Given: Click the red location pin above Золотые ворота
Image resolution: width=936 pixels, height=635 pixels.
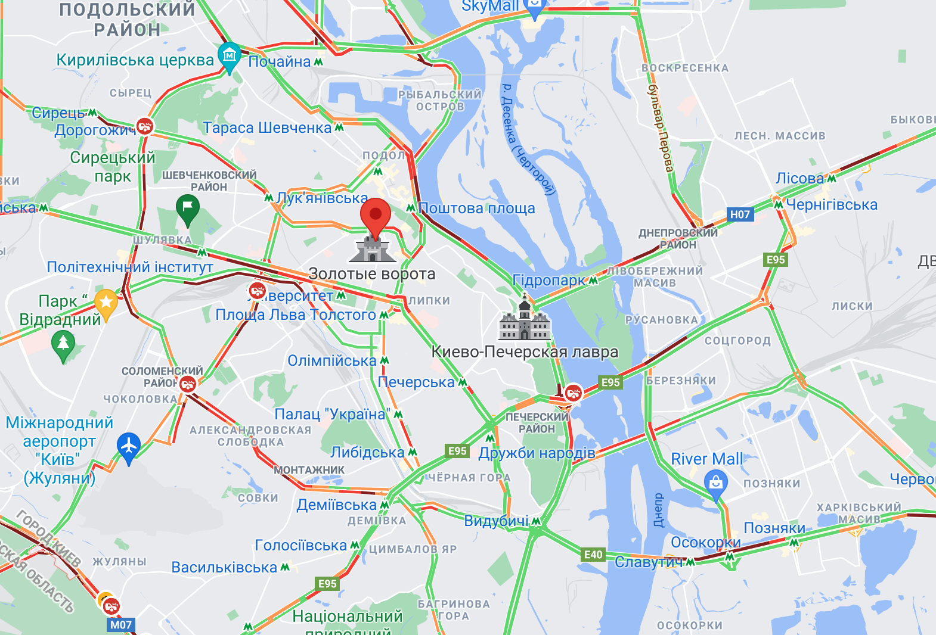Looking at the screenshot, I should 376,215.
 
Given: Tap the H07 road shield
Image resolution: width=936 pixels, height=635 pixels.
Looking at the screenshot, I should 740,214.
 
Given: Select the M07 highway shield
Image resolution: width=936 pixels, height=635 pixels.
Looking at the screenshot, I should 121,625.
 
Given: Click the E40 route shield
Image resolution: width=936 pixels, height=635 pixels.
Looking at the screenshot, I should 593,555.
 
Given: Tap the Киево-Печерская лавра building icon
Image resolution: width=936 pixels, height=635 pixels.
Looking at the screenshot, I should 524,321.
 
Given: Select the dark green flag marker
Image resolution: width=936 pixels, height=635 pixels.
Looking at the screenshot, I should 188,208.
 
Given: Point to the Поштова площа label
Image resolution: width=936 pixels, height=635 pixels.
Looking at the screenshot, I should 476,208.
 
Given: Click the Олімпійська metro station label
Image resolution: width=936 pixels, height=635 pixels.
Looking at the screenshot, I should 332,361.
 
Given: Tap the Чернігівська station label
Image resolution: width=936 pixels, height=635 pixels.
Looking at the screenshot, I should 831,205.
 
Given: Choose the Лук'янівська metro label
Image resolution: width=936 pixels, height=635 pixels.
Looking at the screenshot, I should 323,198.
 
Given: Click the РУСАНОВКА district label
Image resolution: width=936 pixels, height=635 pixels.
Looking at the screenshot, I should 661,320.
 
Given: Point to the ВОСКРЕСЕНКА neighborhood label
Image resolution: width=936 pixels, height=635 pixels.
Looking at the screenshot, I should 685,68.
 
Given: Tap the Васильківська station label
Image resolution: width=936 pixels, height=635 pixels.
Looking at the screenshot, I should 224,568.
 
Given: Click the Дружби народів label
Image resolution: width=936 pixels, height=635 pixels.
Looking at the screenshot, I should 537,453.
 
